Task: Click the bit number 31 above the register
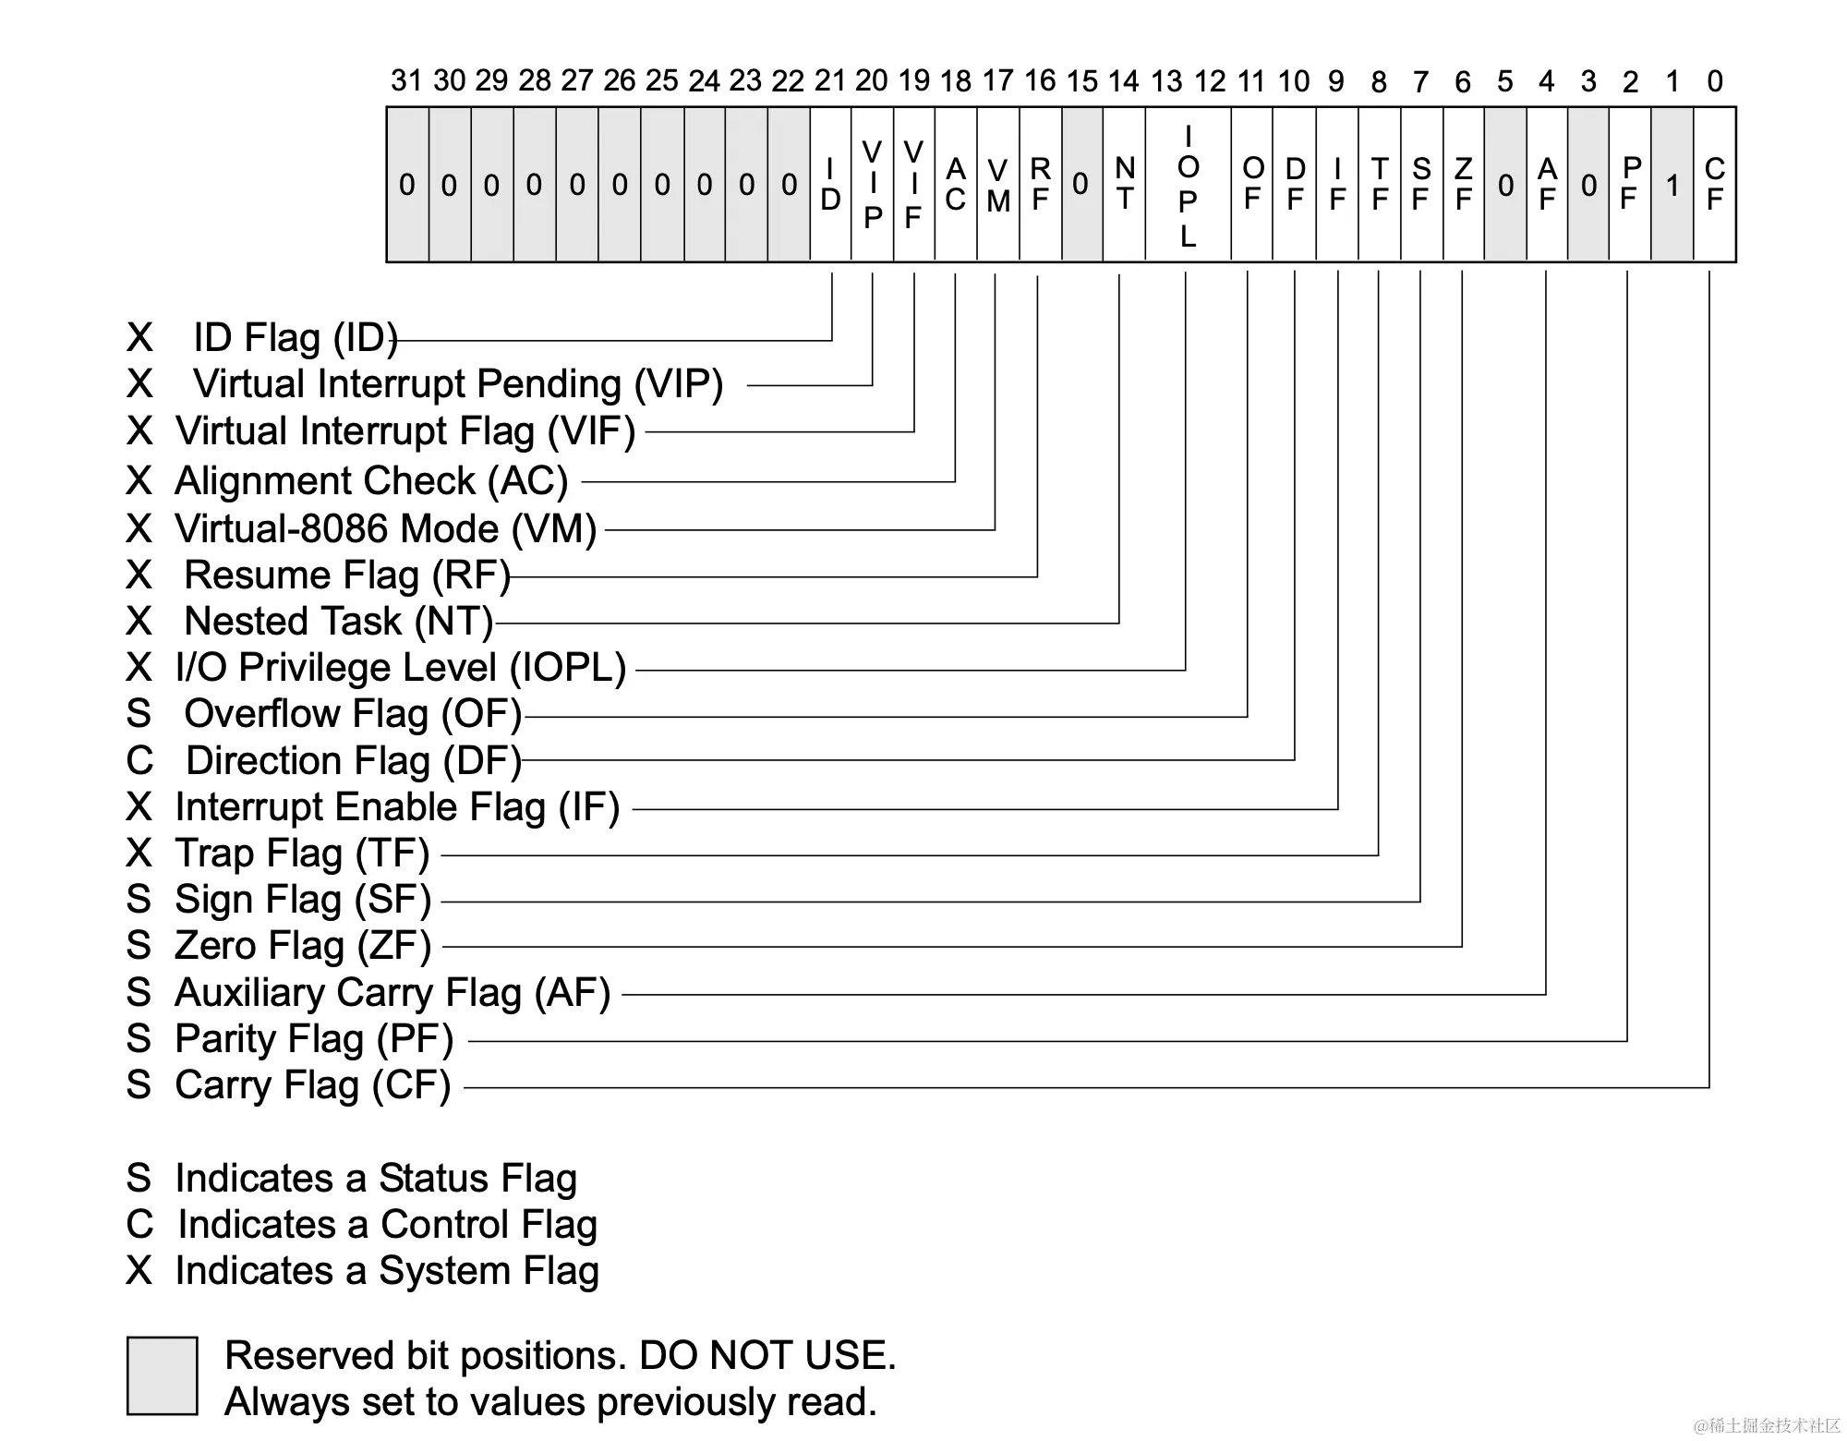point(406,81)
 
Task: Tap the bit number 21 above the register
point(829,81)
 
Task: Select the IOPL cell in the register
point(1188,186)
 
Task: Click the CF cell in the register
point(1714,184)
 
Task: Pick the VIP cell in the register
point(872,184)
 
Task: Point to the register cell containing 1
point(1672,186)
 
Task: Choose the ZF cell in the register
point(1463,184)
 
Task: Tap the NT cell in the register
point(1124,184)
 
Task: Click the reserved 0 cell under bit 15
point(1080,185)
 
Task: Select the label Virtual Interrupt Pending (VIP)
point(457,384)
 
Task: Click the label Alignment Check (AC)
point(371,481)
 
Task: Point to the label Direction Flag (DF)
point(354,761)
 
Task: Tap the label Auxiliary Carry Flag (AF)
point(392,993)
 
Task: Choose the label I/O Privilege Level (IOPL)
point(401,668)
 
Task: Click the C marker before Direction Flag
point(139,761)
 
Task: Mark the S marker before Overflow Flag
point(139,714)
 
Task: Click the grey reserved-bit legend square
point(163,1375)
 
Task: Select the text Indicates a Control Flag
point(387,1225)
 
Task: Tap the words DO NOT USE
point(767,1356)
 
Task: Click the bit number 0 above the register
point(1714,81)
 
